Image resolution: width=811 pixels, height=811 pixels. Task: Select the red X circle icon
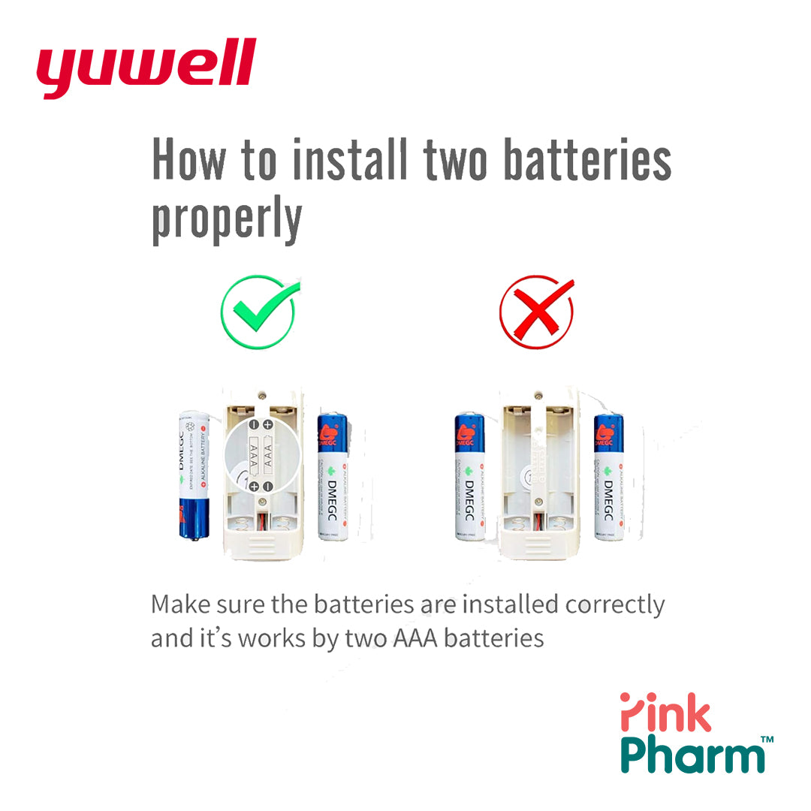click(537, 312)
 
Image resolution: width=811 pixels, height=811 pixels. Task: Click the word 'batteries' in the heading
click(586, 160)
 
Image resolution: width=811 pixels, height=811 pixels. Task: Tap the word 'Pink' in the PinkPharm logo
click(665, 713)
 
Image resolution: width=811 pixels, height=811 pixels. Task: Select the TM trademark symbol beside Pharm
click(767, 740)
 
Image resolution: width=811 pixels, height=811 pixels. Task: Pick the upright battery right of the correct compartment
click(333, 477)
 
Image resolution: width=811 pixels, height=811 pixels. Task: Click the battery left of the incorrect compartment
click(469, 477)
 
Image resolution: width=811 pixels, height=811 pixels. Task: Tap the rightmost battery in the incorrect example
click(608, 477)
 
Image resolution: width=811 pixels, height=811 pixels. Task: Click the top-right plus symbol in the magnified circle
click(268, 426)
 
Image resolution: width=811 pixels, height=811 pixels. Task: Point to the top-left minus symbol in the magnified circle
click(254, 426)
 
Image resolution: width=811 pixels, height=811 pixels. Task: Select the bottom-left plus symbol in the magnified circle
click(254, 487)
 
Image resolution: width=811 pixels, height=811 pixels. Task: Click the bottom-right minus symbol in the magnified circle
click(268, 487)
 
